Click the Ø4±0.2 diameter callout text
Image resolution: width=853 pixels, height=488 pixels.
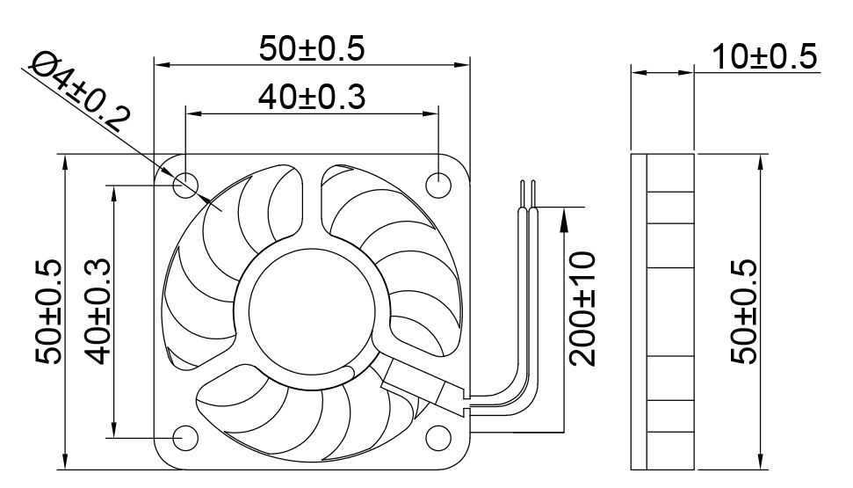pos(80,90)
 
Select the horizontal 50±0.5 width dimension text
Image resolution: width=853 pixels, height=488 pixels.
pos(312,48)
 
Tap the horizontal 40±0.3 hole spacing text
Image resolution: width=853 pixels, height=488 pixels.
pos(312,98)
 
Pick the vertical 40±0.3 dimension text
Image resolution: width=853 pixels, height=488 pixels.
pos(98,310)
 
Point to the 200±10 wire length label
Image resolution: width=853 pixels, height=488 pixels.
pos(582,309)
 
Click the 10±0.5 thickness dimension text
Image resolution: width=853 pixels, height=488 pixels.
pos(764,56)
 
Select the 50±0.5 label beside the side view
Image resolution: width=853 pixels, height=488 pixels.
pos(744,310)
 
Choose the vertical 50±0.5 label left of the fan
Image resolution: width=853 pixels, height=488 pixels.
pos(49,310)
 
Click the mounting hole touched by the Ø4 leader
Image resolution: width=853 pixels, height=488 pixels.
pos(186,184)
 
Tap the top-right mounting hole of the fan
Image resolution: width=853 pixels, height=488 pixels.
pos(437,184)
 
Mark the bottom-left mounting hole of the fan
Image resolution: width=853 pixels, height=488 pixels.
pos(186,436)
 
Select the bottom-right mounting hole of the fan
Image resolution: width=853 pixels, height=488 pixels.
pos(437,436)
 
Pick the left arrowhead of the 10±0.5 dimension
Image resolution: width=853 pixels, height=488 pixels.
pos(638,72)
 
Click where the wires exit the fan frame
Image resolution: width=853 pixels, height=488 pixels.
pos(464,402)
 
